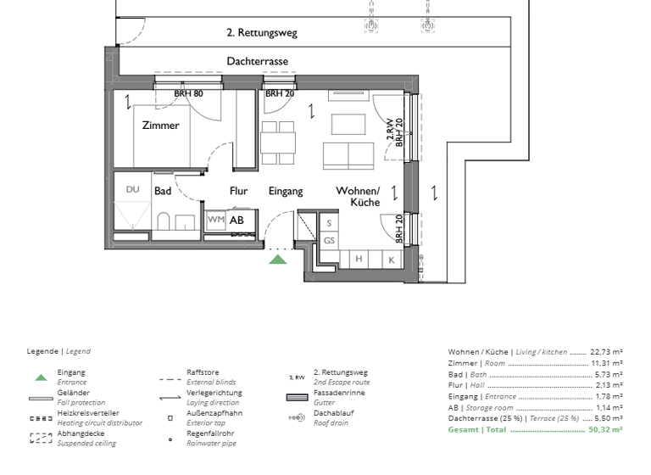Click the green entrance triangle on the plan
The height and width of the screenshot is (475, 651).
pos(278,259)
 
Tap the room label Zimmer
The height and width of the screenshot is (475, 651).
pos(161,126)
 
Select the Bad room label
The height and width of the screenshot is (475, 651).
pos(163,192)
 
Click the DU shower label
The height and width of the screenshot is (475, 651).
pos(132,190)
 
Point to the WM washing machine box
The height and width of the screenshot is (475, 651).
pos(215,220)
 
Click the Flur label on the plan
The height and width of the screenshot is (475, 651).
pos(239,192)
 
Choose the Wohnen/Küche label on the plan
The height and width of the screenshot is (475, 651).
pos(359,197)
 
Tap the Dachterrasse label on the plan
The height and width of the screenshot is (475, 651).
pos(257,62)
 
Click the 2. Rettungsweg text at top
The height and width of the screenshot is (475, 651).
pos(262,33)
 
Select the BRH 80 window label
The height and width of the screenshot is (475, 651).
pos(189,93)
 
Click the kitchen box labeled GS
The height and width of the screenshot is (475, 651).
pos(329,241)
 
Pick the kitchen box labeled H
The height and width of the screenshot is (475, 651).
pos(359,259)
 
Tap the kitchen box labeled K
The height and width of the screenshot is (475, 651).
pos(392,259)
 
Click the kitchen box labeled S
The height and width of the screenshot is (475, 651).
pos(329,223)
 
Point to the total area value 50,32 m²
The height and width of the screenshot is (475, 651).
pos(605,430)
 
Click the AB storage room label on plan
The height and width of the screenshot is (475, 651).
pos(236,220)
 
